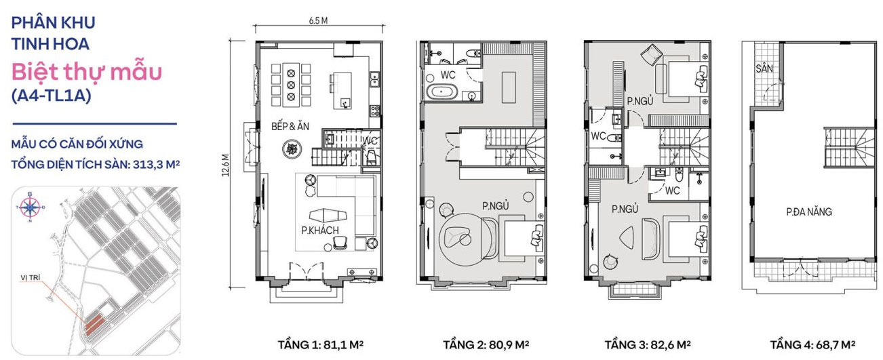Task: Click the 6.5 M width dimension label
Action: tap(318, 20)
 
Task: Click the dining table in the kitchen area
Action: tap(291, 83)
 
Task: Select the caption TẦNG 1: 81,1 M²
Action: tap(321, 344)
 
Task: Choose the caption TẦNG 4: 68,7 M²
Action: tap(811, 344)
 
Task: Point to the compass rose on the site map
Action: tap(30, 207)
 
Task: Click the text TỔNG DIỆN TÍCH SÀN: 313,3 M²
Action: tap(94, 163)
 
